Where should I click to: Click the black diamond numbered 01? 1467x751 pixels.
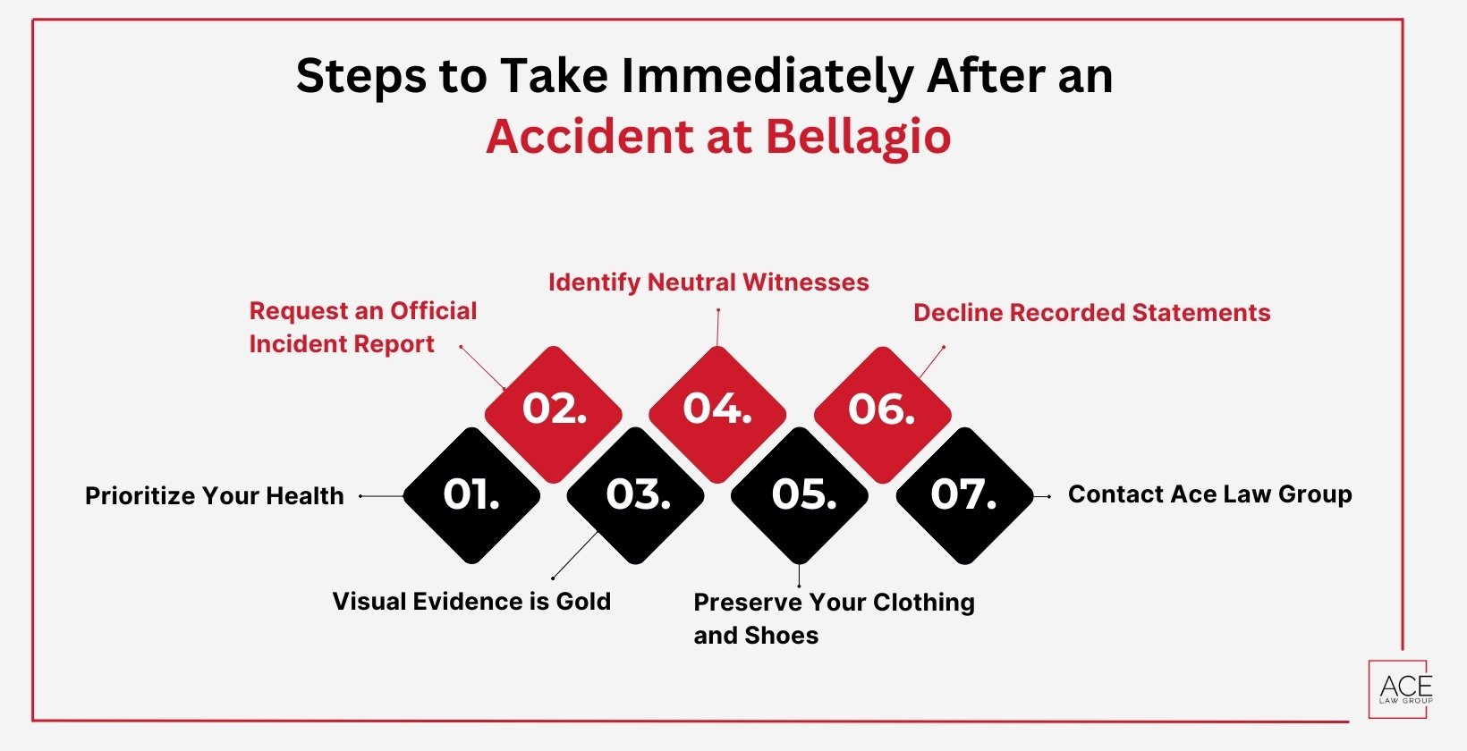tap(471, 495)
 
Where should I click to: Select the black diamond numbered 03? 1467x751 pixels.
tap(636, 495)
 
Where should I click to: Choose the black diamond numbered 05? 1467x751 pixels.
tap(800, 495)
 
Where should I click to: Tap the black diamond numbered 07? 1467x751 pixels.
tap(964, 495)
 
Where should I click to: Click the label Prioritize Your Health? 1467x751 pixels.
tap(214, 495)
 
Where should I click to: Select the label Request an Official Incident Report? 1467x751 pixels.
tap(362, 327)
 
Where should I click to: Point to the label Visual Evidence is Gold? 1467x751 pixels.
tap(471, 601)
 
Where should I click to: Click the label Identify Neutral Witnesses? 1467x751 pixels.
tap(708, 283)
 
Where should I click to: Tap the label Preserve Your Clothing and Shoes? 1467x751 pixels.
tap(834, 619)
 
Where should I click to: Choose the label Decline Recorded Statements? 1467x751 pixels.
tap(1091, 313)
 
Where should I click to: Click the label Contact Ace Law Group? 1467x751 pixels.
tap(1209, 494)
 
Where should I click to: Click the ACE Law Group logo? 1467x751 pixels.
tap(1401, 688)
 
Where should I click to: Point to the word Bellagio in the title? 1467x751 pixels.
tap(858, 137)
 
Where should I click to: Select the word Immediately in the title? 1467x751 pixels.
tap(769, 76)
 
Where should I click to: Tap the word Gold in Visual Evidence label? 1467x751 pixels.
tap(583, 601)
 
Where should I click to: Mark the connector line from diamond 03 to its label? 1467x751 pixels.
tap(575, 555)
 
